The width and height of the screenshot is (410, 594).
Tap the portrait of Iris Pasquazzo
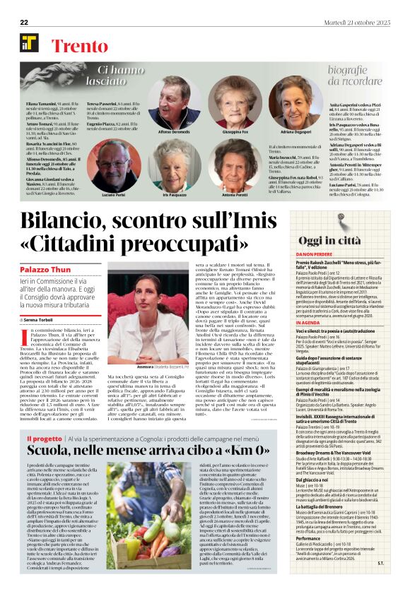[x=173, y=167]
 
